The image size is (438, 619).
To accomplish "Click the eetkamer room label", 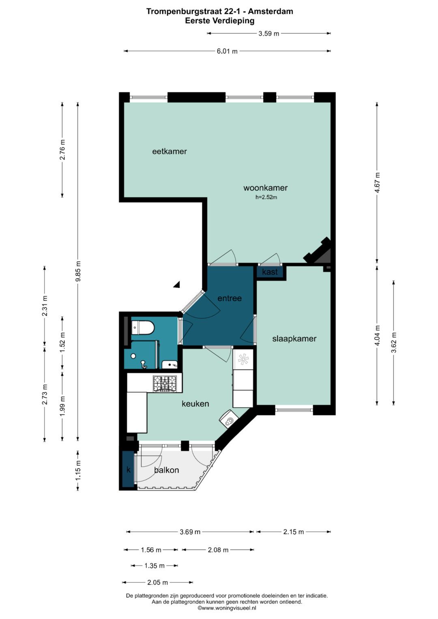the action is [x=169, y=152].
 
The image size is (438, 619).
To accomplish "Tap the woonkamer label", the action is [x=266, y=188].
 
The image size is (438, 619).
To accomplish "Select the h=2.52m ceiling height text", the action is [x=266, y=197].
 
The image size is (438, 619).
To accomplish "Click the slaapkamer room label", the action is [x=294, y=339].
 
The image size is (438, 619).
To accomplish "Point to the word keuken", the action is [x=195, y=404].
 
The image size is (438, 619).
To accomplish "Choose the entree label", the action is [x=230, y=298].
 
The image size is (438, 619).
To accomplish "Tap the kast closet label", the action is [x=270, y=272].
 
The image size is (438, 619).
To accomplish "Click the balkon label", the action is [x=166, y=470].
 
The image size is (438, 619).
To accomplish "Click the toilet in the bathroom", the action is [x=142, y=328].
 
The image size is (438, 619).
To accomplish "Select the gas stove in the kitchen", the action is [x=165, y=383].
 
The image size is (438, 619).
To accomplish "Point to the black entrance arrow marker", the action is [x=177, y=284].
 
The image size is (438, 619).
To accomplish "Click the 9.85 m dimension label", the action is [x=78, y=271].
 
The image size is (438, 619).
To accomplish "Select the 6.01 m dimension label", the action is [x=227, y=51].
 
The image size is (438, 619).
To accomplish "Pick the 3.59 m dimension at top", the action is [x=269, y=34].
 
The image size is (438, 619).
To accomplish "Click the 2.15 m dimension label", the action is [x=293, y=532].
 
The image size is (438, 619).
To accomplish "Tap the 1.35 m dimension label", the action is [x=155, y=565].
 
